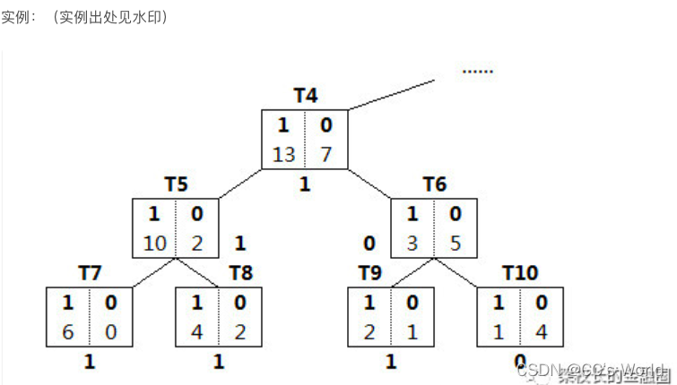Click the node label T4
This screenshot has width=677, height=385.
click(x=306, y=96)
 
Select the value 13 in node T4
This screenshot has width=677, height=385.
click(x=283, y=154)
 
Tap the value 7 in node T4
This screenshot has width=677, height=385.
click(x=325, y=154)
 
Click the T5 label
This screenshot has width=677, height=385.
click(x=176, y=185)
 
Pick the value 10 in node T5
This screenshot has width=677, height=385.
click(x=155, y=244)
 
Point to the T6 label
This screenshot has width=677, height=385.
click(x=435, y=185)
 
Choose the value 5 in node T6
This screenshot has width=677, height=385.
click(x=456, y=244)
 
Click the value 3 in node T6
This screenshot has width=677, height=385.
click(x=413, y=244)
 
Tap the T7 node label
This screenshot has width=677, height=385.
click(x=90, y=272)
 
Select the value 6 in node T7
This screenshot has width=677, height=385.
click(x=67, y=330)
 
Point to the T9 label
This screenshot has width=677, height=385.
click(x=370, y=272)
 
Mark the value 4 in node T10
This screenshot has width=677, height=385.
click(x=542, y=330)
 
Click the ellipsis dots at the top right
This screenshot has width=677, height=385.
click(x=477, y=71)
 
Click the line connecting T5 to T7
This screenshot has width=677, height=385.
click(x=154, y=274)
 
